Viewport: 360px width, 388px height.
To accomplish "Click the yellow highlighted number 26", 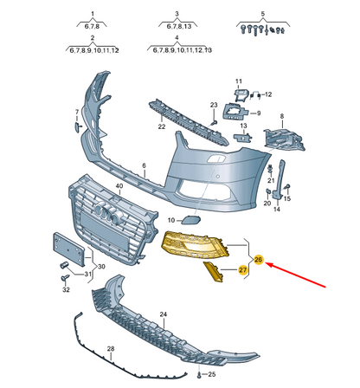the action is pyautogui.click(x=258, y=260).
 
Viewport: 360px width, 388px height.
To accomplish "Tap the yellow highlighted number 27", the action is pyautogui.click(x=243, y=270).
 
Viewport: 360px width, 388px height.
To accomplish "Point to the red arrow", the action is pyautogui.click(x=295, y=275).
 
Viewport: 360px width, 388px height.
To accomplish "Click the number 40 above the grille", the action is pyautogui.click(x=119, y=186).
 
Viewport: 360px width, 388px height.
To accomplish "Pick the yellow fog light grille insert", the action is pyautogui.click(x=195, y=245).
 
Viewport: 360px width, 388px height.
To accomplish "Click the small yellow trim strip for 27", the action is pyautogui.click(x=213, y=272).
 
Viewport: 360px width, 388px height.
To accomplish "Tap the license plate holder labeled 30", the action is pyautogui.click(x=68, y=249).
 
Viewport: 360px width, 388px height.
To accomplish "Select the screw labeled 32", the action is pyautogui.click(x=65, y=278).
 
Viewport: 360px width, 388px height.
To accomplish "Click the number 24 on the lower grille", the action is pyautogui.click(x=164, y=314).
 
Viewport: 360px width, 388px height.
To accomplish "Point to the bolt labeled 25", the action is pyautogui.click(x=199, y=375).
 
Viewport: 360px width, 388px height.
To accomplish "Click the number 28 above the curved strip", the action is pyautogui.click(x=111, y=349).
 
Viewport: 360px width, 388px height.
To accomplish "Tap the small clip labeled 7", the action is pyautogui.click(x=78, y=127).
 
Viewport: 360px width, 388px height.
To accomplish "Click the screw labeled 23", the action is pyautogui.click(x=214, y=123).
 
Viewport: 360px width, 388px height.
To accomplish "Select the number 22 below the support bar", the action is pyautogui.click(x=162, y=126).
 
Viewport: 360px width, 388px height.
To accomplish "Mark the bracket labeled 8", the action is pyautogui.click(x=284, y=140).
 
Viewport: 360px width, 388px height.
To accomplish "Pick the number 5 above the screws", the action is pyautogui.click(x=263, y=14).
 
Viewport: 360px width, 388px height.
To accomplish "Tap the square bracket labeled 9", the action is pyautogui.click(x=235, y=112).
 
